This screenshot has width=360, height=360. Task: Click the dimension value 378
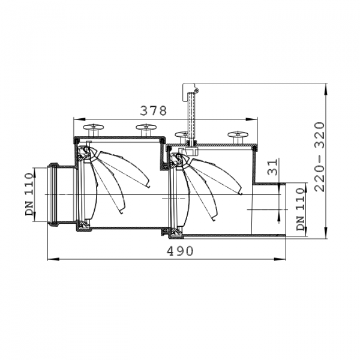click(154, 110)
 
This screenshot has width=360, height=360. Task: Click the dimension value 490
click(180, 251)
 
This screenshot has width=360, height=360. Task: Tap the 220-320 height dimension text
click(320, 157)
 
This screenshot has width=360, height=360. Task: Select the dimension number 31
click(272, 167)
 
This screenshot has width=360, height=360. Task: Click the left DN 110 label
click(29, 194)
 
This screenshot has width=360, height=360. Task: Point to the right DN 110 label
click(301, 209)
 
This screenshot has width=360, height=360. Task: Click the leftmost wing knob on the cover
click(93, 130)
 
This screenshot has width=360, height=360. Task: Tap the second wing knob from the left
click(146, 130)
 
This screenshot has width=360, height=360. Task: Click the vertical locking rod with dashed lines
click(191, 117)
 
